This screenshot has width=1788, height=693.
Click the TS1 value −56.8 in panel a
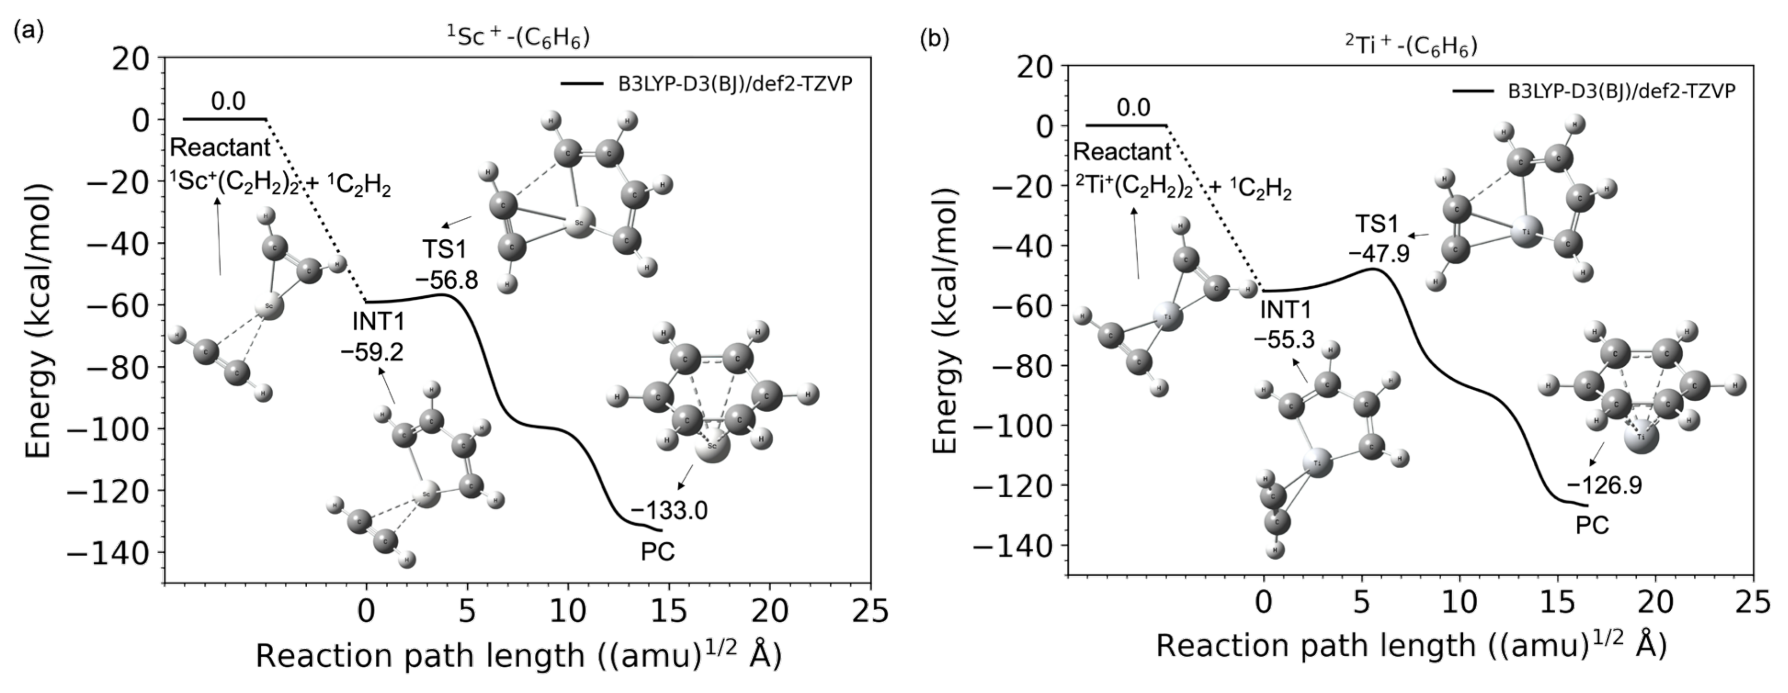447,280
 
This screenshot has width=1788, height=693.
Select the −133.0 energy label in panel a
669,511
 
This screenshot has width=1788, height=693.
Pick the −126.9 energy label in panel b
1604,486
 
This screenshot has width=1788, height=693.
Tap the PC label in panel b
1592,526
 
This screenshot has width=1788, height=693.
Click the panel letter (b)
934,40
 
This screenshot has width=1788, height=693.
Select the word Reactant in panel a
220,148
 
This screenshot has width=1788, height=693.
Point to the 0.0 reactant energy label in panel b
1133,108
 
